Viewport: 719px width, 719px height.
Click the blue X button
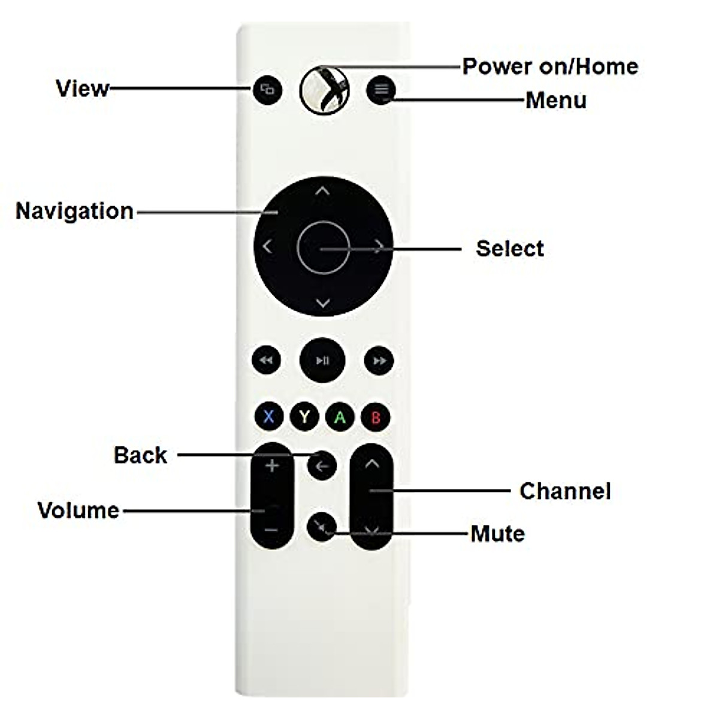click(268, 416)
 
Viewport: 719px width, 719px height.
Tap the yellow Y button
click(304, 416)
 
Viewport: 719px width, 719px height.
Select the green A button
click(340, 416)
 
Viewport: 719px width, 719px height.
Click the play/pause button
click(322, 360)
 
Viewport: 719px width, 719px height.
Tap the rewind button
click(267, 360)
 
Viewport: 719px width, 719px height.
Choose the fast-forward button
click(379, 361)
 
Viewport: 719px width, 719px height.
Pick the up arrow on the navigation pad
click(322, 191)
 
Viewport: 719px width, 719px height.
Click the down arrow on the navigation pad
click(322, 303)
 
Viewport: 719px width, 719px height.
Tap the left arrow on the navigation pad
click(267, 246)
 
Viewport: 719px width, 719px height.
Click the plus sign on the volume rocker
click(272, 466)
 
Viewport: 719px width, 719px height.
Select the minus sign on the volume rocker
click(271, 530)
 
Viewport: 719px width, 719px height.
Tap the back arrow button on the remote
click(322, 466)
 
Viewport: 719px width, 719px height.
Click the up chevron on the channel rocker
click(372, 463)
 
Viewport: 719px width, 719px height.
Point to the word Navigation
click(74, 211)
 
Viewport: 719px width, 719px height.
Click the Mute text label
click(497, 533)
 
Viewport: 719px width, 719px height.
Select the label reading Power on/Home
click(550, 66)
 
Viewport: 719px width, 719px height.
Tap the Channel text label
click(565, 491)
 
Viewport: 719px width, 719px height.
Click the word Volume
click(78, 510)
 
